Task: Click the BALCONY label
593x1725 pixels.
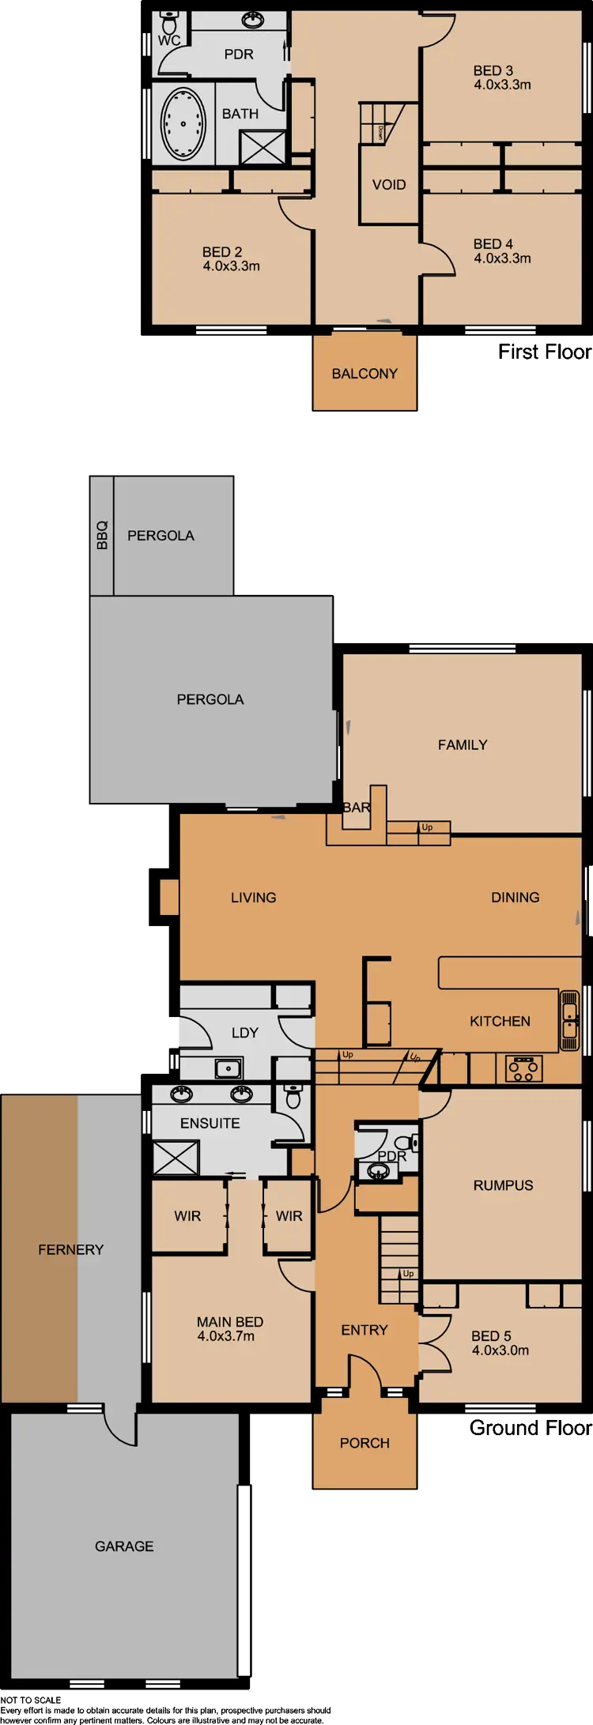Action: (x=364, y=374)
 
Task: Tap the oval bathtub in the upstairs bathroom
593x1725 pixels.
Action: (x=183, y=123)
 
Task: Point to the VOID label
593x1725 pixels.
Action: (x=389, y=185)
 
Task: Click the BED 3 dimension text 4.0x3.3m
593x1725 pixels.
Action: (x=502, y=85)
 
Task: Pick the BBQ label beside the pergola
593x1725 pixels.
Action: (x=101, y=535)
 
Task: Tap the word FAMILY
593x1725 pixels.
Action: (x=463, y=744)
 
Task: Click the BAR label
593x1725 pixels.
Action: (x=357, y=808)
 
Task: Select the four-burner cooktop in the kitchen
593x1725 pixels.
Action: (x=524, y=1068)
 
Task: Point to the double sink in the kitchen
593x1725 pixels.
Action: (x=569, y=1020)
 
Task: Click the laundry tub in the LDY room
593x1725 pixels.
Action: (x=229, y=1069)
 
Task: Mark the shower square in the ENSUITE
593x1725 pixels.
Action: (x=176, y=1158)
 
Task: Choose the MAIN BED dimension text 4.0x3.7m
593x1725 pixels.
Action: (x=226, y=1336)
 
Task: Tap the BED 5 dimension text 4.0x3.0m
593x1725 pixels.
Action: (x=500, y=1350)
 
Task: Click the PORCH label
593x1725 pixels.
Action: (x=364, y=1443)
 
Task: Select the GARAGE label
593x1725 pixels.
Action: (x=124, y=1546)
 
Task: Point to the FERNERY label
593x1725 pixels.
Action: (x=70, y=1249)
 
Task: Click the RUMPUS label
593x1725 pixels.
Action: (x=503, y=1185)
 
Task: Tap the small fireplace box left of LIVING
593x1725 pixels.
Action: (x=169, y=898)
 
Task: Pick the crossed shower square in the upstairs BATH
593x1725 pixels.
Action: (x=263, y=147)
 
